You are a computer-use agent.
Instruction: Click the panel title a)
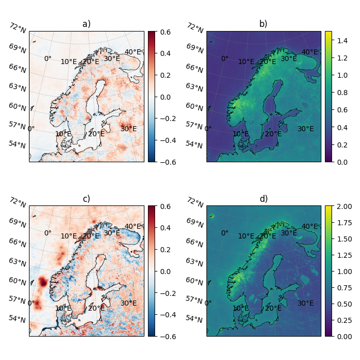coord(86,24)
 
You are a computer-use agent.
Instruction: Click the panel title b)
coord(263,24)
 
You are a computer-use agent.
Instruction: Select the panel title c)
coord(86,199)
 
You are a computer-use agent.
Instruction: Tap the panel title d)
coord(263,199)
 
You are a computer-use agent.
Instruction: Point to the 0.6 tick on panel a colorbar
coord(165,32)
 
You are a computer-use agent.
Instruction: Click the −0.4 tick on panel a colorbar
coord(168,140)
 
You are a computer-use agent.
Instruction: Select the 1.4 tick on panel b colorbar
coord(342,41)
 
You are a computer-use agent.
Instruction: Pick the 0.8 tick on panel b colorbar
coord(342,93)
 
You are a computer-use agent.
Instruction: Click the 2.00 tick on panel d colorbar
coord(344,206)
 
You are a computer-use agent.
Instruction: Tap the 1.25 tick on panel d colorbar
coord(344,255)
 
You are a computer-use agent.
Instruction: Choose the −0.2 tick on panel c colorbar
coord(168,293)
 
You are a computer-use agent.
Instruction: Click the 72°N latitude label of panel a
coord(18,28)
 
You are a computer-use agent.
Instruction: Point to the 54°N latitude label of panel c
coord(17,319)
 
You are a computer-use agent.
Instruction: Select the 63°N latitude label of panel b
coord(194,87)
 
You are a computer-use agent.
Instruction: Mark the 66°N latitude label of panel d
coord(195,243)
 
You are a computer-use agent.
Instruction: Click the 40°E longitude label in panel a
coord(133,52)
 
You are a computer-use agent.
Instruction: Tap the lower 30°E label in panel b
coord(306,129)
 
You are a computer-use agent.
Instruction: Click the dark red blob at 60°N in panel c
coord(43,282)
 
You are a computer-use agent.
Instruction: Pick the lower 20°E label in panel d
coord(273,308)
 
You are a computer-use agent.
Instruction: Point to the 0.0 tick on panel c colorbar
coord(165,272)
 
